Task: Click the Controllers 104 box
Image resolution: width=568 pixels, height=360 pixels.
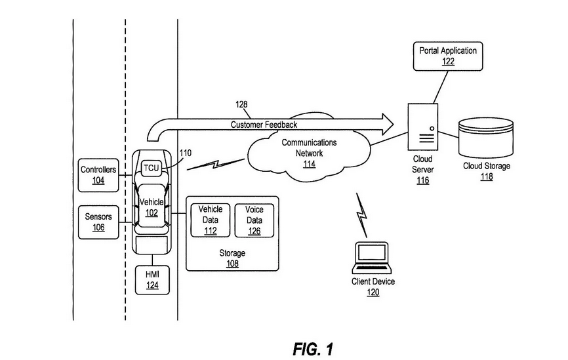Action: point(98,174)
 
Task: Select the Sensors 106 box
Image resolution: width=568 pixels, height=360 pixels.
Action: point(98,222)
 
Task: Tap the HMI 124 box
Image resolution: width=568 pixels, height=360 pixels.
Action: point(152,279)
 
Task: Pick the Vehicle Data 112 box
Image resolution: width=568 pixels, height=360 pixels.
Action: point(211,219)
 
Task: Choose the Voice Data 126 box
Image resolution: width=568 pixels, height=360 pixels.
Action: point(254,219)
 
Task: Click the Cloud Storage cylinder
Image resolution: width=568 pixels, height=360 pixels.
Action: point(486,136)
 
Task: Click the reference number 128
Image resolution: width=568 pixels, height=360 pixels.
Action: point(243,104)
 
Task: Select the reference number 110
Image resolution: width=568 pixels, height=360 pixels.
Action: point(186,153)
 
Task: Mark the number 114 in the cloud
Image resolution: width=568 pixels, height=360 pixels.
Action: point(309,164)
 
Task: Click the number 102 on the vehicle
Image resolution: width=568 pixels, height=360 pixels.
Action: point(152,212)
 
